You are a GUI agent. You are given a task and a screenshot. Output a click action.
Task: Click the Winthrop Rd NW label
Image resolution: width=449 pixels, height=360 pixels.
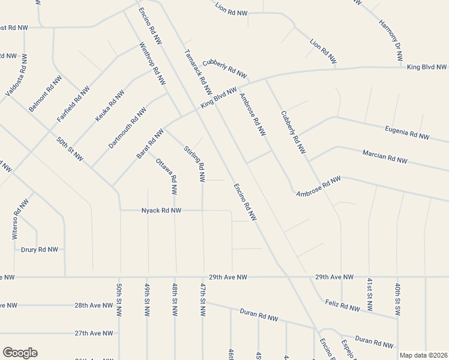(152, 64)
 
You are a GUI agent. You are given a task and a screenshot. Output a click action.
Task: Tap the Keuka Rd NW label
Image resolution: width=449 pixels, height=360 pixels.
(110, 107)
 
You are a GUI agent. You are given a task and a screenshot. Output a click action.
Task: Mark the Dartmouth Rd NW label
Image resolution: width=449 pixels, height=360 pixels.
(127, 128)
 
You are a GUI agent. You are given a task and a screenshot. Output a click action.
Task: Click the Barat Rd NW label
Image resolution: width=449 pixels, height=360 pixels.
(150, 144)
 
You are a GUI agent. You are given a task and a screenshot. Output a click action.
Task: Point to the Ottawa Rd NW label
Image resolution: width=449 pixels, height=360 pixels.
(167, 176)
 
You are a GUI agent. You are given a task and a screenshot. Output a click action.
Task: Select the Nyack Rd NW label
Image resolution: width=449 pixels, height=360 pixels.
(161, 211)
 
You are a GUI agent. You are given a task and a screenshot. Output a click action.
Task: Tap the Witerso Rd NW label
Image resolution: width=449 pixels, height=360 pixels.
(20, 219)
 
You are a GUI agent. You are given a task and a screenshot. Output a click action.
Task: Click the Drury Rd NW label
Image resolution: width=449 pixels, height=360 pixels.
(40, 249)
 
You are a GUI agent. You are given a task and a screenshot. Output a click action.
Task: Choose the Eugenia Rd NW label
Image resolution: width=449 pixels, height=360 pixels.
(407, 133)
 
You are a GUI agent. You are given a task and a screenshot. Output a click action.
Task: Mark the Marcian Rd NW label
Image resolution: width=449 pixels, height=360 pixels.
(385, 157)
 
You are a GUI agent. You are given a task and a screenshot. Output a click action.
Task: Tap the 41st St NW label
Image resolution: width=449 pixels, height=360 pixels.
(370, 295)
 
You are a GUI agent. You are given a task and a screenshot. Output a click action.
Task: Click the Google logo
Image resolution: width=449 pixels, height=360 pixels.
(20, 353)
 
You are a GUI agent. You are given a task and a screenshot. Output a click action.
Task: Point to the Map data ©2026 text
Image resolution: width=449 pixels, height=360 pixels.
(423, 355)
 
